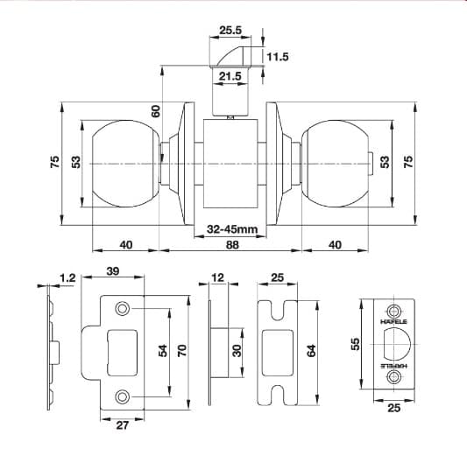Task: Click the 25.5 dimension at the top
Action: coord(230,29)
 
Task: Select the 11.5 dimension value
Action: coord(277,57)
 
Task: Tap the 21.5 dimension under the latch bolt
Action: coord(230,77)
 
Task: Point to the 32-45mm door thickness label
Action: coord(231,229)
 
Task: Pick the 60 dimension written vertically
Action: coord(156,111)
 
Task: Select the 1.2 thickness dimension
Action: coord(67,278)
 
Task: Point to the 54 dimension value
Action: coord(161,351)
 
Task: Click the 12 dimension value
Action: coord(218,278)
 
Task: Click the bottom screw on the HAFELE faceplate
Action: coord(393,377)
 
